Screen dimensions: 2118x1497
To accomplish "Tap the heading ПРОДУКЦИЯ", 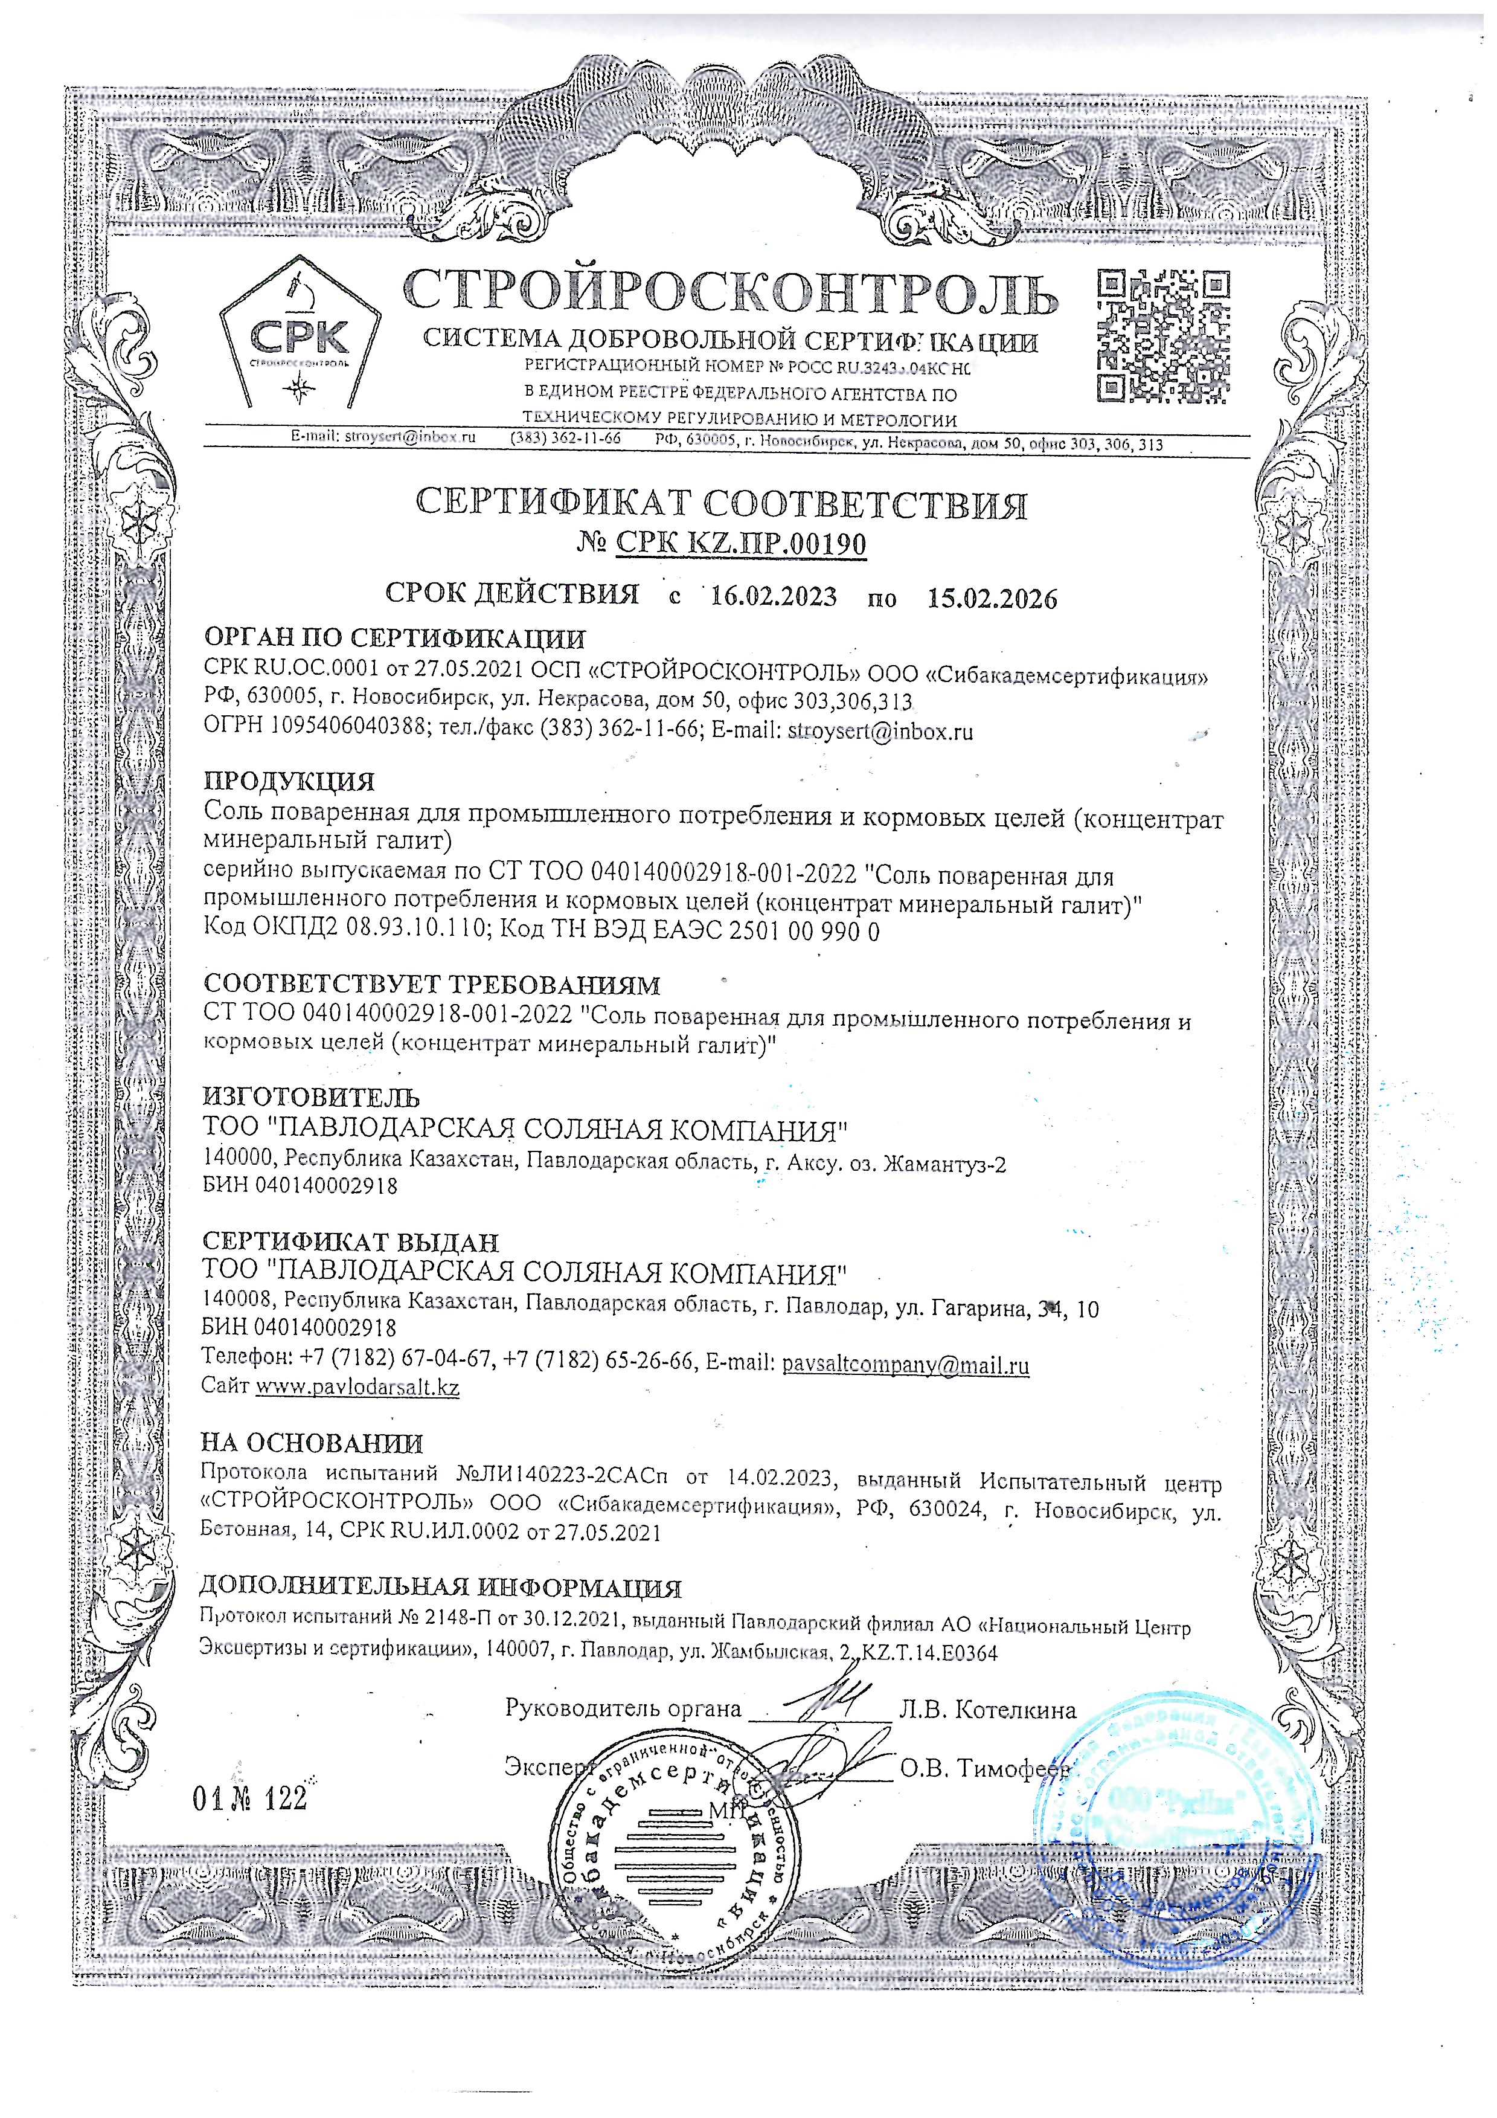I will coord(289,782).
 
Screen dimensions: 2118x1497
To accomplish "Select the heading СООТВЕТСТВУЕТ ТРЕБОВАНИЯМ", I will coord(432,985).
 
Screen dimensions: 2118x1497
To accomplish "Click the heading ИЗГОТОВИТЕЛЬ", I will coord(311,1098).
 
